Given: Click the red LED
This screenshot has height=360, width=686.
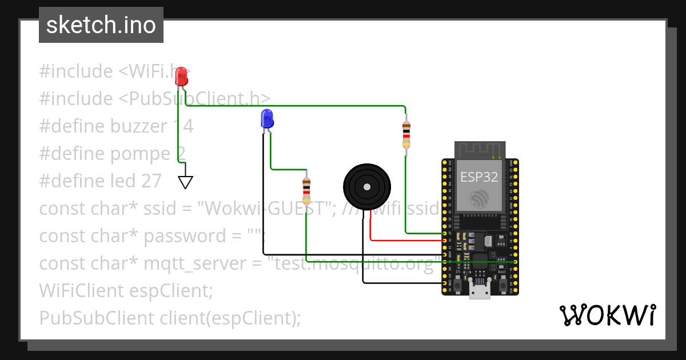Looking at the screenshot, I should [x=181, y=76].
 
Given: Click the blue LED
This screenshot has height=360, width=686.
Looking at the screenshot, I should [x=267, y=119].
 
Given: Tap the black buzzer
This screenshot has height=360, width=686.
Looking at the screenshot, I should [x=366, y=186].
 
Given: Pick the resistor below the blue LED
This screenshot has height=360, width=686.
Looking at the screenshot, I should [x=306, y=190].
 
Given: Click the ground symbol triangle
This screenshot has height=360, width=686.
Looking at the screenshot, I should [x=185, y=182].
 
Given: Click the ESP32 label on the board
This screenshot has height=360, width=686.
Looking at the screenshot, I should [x=479, y=177].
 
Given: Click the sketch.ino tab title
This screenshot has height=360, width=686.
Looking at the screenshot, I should [x=101, y=26].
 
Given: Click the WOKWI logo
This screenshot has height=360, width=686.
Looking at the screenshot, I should [x=607, y=315].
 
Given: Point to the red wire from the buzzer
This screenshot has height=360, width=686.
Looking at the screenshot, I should [x=400, y=240].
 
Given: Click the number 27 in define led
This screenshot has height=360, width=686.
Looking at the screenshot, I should [x=151, y=181].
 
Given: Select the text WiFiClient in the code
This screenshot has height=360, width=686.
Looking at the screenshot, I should [x=76, y=290].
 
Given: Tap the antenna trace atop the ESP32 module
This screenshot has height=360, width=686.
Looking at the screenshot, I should [x=480, y=149].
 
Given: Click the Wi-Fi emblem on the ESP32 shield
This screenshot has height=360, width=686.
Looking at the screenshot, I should [x=479, y=199].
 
